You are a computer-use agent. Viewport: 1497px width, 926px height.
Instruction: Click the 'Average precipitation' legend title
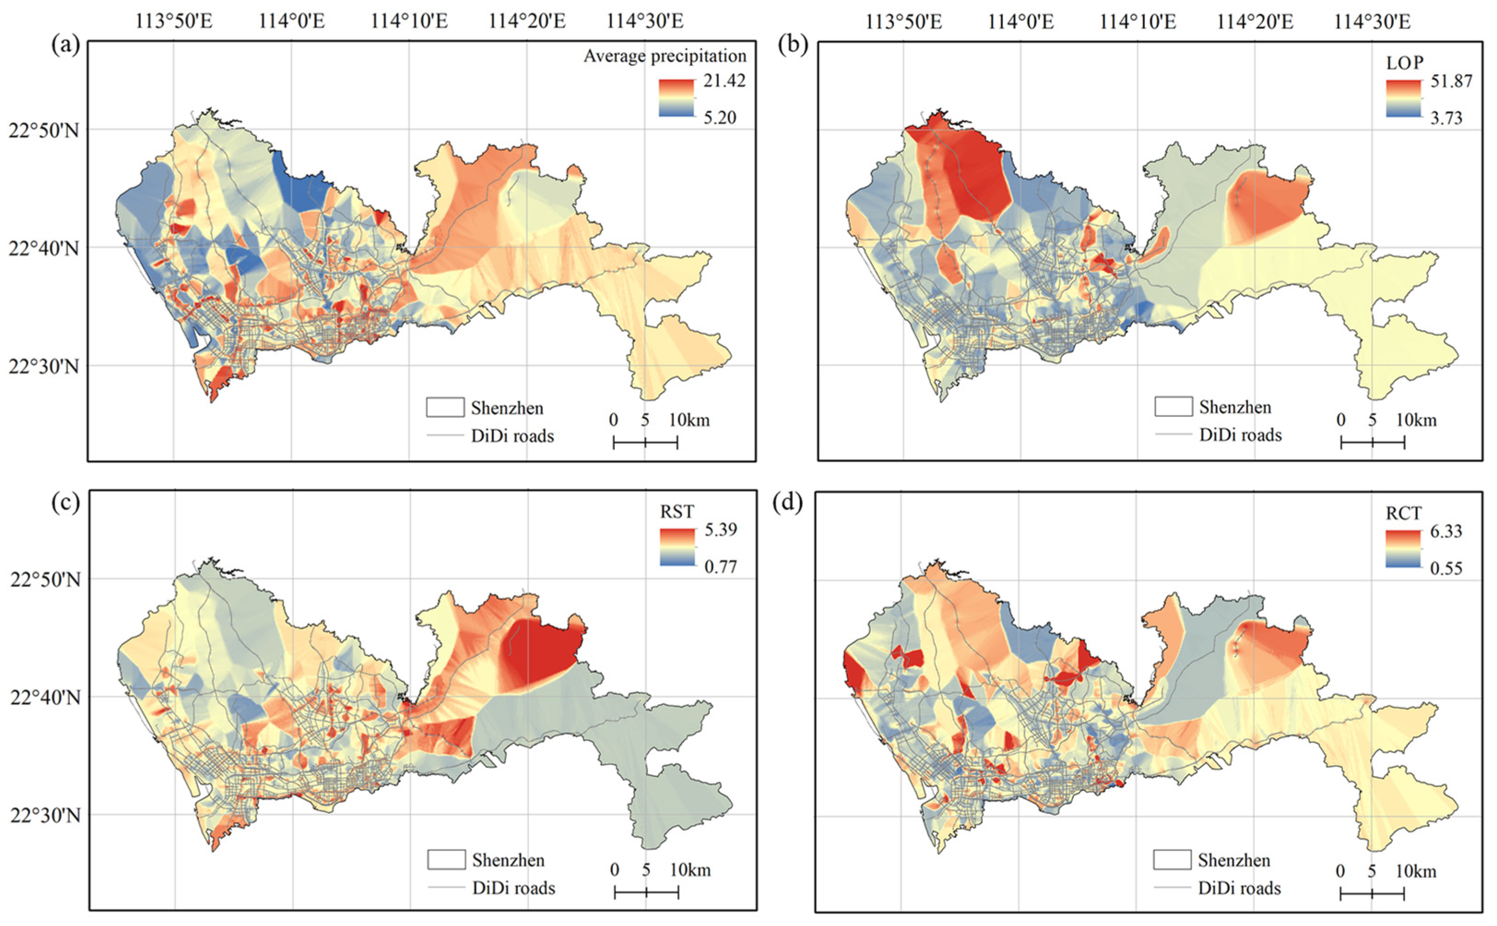(665, 56)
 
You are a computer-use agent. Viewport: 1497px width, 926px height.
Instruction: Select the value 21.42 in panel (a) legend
(724, 81)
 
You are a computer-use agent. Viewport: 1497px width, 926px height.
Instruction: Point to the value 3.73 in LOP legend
(1445, 118)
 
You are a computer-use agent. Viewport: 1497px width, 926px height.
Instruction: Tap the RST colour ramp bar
(677, 547)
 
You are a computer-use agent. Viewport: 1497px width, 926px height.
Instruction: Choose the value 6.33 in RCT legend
(1445, 531)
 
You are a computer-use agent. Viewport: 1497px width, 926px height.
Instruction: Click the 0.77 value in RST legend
(720, 566)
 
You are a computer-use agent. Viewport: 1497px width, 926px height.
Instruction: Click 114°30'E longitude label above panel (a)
(644, 21)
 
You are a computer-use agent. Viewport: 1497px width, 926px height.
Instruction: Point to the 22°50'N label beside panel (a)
(44, 131)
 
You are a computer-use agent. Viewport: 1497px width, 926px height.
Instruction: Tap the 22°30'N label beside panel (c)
(45, 816)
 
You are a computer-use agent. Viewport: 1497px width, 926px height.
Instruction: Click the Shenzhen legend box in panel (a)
(445, 407)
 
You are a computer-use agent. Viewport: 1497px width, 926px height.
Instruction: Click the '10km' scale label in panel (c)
(690, 870)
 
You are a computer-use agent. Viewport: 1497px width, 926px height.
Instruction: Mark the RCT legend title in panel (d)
(1403, 513)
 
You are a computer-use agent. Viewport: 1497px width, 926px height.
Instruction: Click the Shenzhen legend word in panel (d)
(1233, 861)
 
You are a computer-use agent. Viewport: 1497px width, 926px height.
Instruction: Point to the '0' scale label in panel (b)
(1340, 420)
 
